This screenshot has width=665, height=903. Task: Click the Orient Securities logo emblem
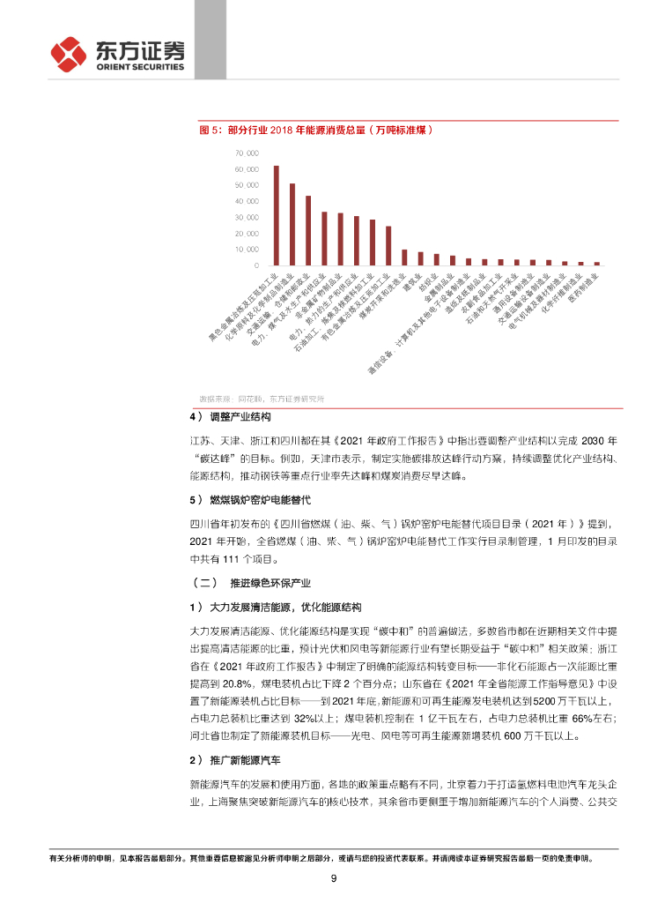pyautogui.click(x=69, y=54)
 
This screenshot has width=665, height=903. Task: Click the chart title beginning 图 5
pyautogui.click(x=318, y=130)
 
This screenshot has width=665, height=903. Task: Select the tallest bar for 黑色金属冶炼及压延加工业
pyautogui.click(x=276, y=215)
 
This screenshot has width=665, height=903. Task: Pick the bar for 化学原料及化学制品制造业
pyautogui.click(x=292, y=224)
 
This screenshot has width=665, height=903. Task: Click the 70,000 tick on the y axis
pyautogui.click(x=247, y=153)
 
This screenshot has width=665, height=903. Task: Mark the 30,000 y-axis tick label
pyautogui.click(x=247, y=217)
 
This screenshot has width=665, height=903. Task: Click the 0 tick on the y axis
pyautogui.click(x=256, y=265)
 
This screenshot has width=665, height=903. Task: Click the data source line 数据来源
pyautogui.click(x=262, y=399)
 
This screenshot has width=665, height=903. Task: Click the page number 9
pyautogui.click(x=333, y=877)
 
